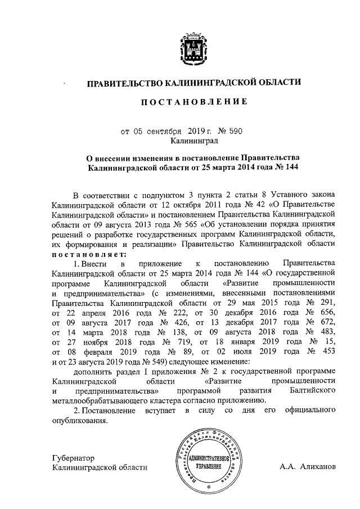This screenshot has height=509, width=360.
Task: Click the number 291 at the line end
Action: coord(326,304)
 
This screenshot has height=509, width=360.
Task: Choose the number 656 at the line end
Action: coord(326,314)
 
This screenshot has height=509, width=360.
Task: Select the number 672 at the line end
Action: coord(326,324)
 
